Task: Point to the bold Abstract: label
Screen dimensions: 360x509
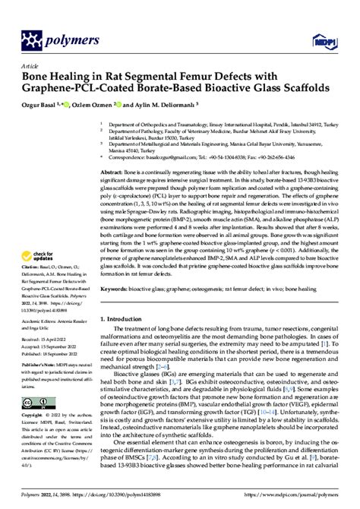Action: pos(113,173)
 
